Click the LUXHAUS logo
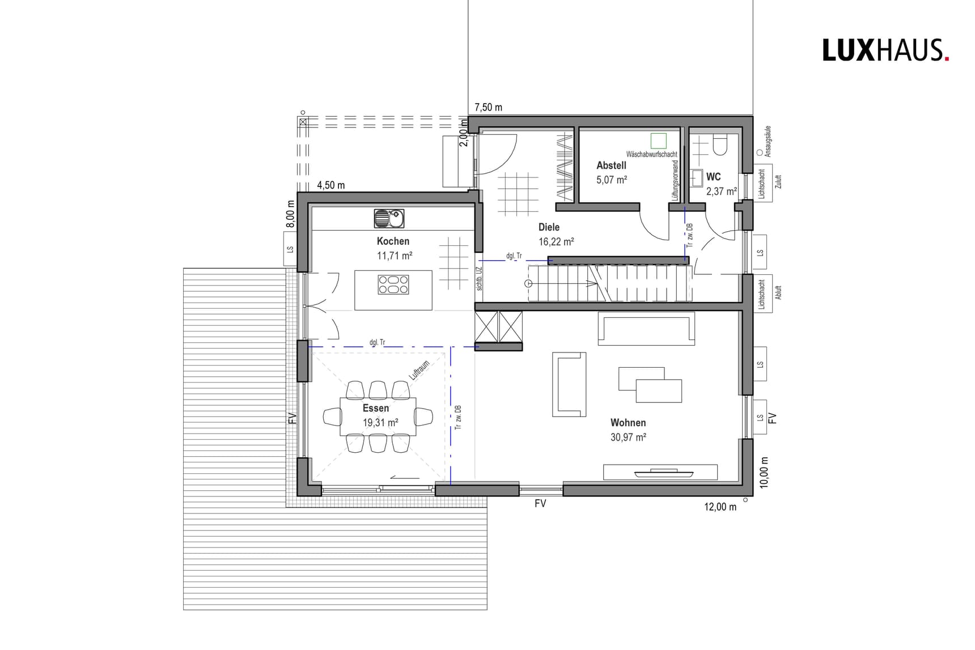[885, 50]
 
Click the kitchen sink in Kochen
[389, 218]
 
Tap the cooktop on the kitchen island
[393, 284]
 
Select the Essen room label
[376, 408]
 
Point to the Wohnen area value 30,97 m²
[628, 437]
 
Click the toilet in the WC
[720, 146]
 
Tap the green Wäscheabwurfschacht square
[658, 141]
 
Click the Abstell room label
[611, 165]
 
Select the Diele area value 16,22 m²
[556, 241]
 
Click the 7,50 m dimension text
[488, 107]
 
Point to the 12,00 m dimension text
[720, 507]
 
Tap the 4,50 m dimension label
[330, 185]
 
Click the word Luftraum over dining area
[419, 371]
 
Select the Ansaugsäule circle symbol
[760, 152]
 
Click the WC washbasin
[697, 178]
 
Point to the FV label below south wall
[540, 503]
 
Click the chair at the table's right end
[424, 417]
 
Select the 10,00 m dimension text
[764, 473]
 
